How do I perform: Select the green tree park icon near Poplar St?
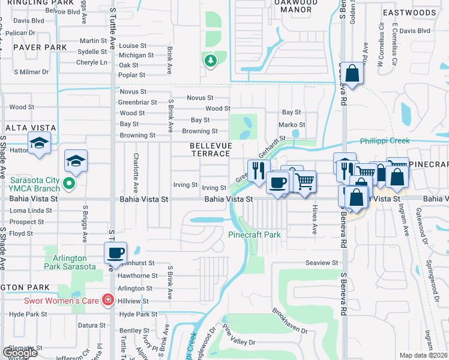click(x=209, y=61)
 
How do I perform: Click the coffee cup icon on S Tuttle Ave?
click(x=115, y=253)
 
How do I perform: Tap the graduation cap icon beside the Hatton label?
click(x=39, y=143)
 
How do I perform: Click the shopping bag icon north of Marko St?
click(x=352, y=74)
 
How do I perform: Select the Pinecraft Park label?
click(x=255, y=235)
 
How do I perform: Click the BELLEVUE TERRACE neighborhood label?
click(x=209, y=150)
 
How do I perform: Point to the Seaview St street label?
click(x=322, y=263)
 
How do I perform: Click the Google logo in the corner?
click(x=20, y=353)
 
